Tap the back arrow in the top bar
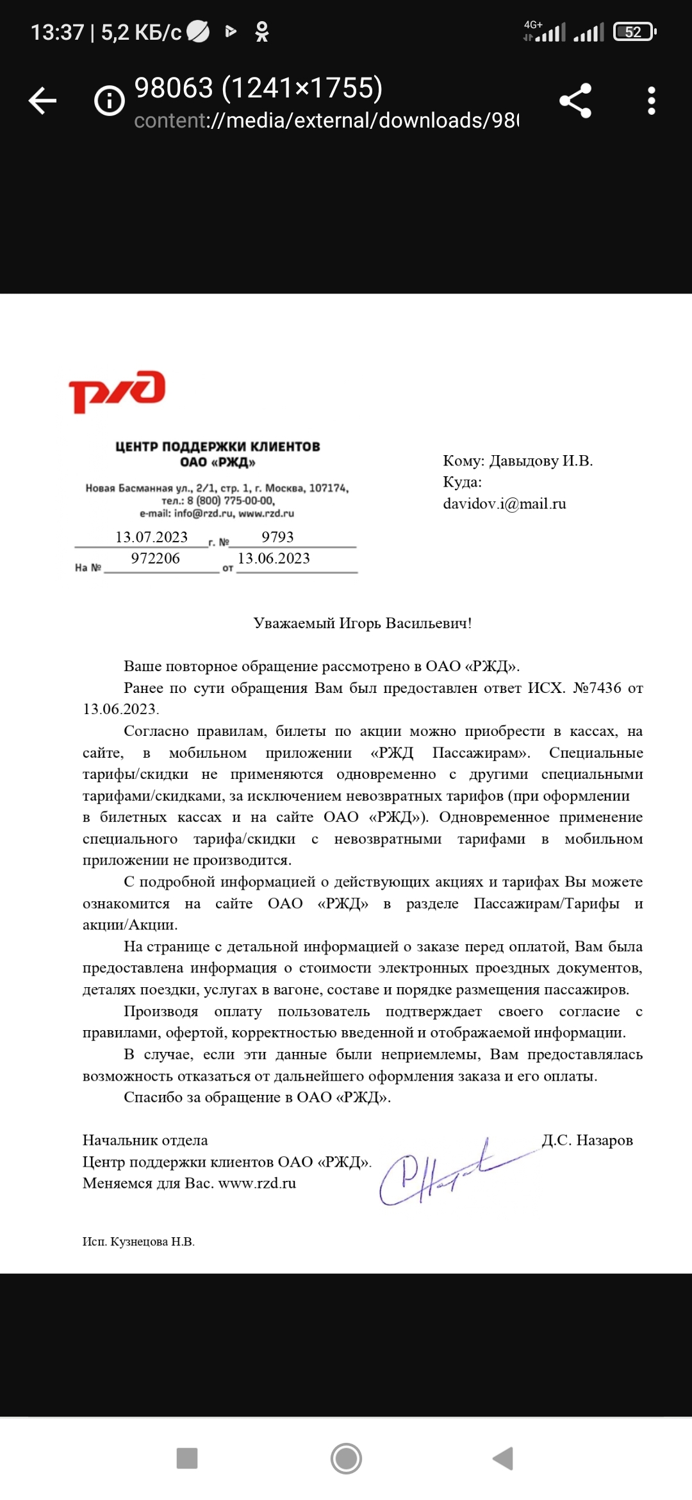coord(43,101)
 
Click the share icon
coord(575,101)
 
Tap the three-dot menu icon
coord(651,101)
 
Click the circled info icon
coord(110,101)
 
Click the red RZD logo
coord(117,390)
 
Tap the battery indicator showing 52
coord(634,32)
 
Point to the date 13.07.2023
coord(151,537)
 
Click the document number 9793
coord(277,537)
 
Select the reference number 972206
coord(155,558)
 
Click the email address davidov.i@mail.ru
coord(504,504)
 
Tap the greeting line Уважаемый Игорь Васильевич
coord(362,623)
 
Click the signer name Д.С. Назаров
coord(587,1140)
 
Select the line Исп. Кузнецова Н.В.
coord(138,1242)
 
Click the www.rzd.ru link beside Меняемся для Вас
coord(257,1183)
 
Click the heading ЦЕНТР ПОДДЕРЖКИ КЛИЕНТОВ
coord(218,447)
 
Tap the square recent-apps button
coord(187,1458)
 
